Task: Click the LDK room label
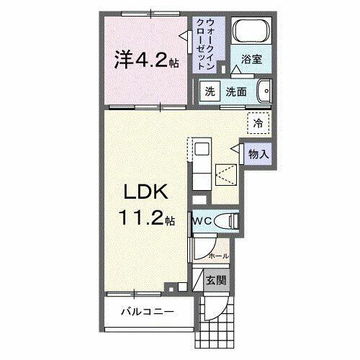coord(148,193)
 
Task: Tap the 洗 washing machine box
coord(208,91)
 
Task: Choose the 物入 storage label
coord(258,153)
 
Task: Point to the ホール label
coord(217,256)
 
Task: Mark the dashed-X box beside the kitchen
coord(225,175)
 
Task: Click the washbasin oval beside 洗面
coord(266,91)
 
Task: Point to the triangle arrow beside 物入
coord(235,148)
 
